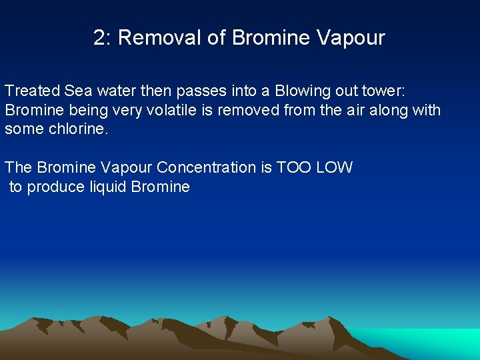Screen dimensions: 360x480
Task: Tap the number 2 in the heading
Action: tap(100, 38)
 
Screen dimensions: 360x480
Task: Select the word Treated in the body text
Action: tap(32, 91)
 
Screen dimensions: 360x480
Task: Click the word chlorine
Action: tap(77, 129)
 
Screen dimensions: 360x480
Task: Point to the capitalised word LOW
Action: tap(334, 167)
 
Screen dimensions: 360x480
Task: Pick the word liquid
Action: tap(108, 187)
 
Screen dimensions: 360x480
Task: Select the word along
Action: tap(395, 110)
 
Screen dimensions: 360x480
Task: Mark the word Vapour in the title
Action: tap(351, 38)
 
